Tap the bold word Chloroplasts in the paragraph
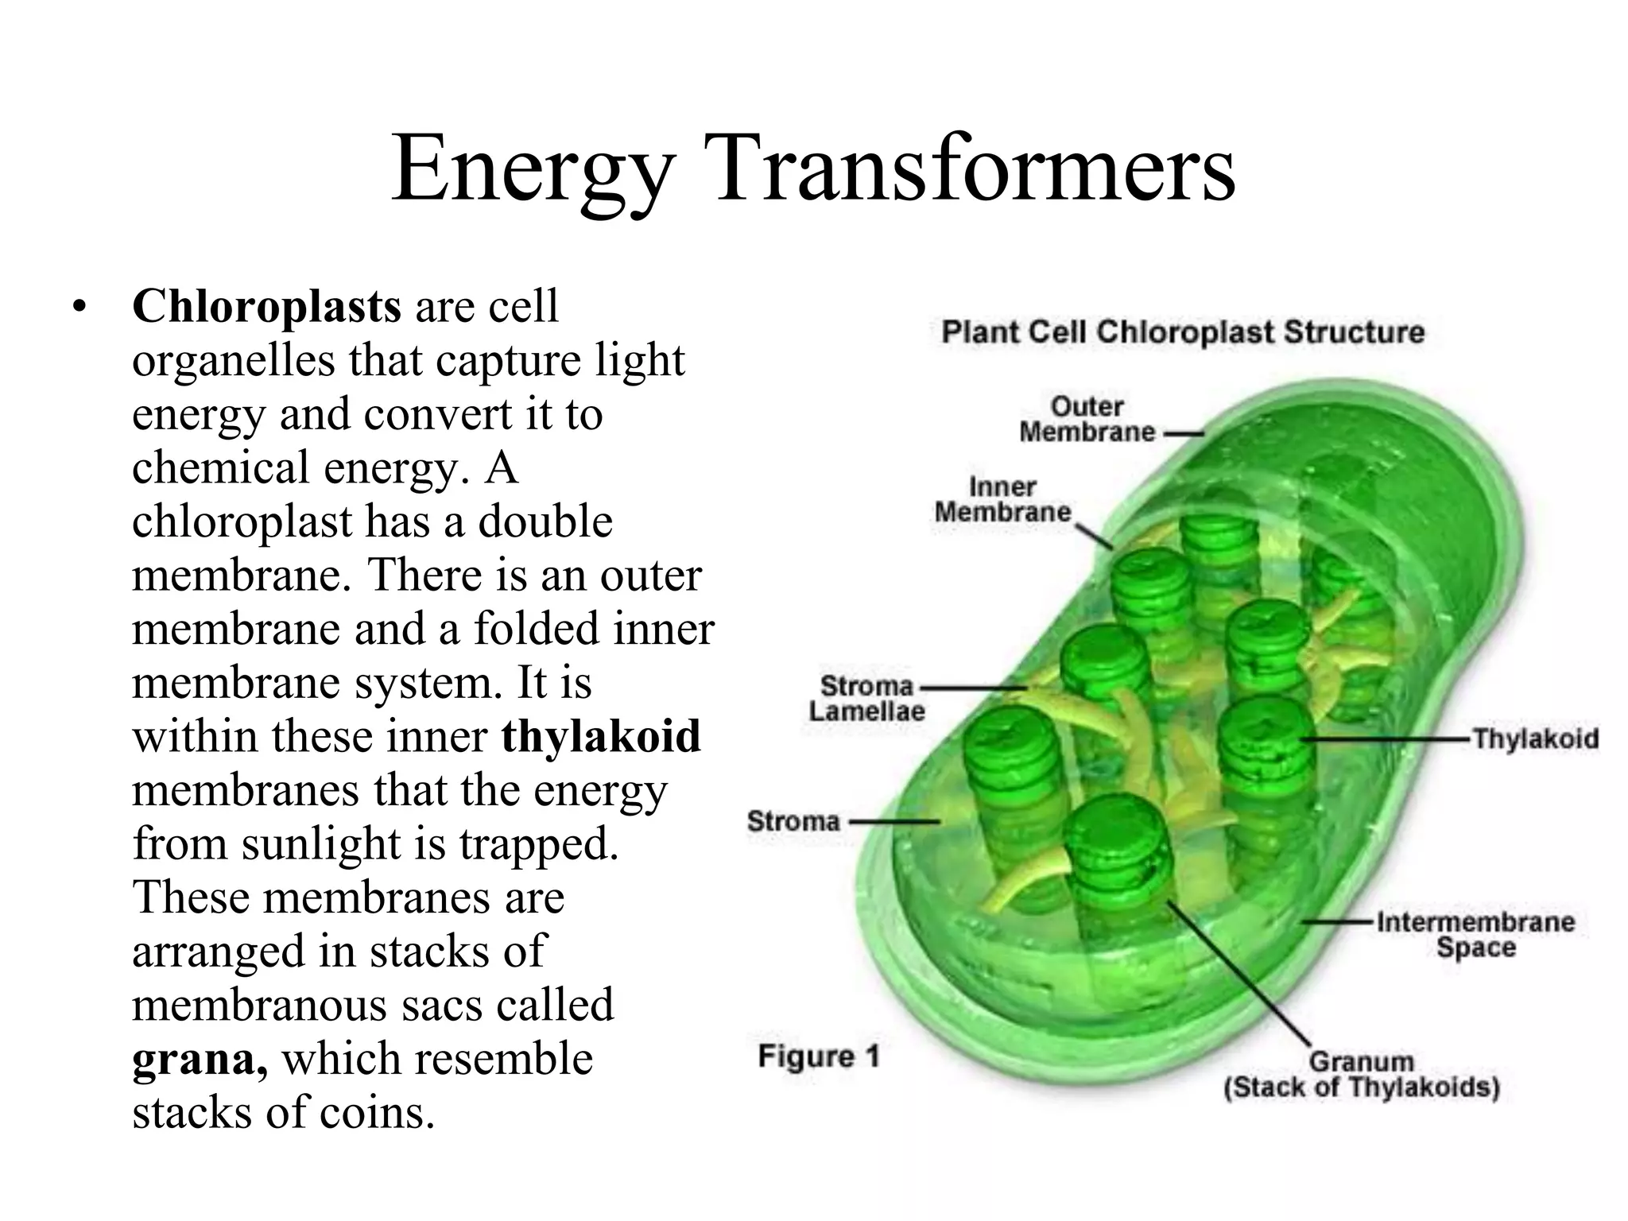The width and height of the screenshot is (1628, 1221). [266, 306]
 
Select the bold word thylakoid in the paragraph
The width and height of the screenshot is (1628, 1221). [601, 735]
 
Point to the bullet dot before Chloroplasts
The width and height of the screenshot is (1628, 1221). [77, 307]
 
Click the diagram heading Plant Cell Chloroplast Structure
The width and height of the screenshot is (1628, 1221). [1183, 332]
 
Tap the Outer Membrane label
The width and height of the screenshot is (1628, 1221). [1087, 420]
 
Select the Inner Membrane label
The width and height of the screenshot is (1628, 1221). [1002, 499]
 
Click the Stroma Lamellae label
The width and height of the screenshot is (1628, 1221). [866, 698]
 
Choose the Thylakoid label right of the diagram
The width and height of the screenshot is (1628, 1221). [1535, 738]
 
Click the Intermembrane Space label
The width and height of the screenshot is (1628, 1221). [1475, 935]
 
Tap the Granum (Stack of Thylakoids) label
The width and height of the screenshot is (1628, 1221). [1361, 1074]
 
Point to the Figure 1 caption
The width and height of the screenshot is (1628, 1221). [819, 1056]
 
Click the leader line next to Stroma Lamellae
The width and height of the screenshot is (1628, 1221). [974, 688]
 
